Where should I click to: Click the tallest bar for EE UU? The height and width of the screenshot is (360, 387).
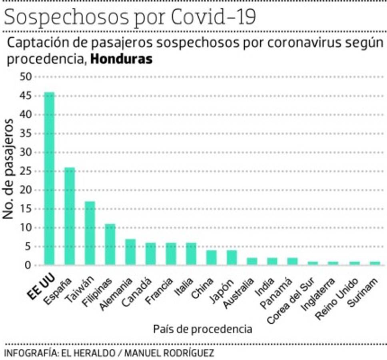pyautogui.click(x=49, y=178)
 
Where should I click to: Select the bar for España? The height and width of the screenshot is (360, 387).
pyautogui.click(x=70, y=216)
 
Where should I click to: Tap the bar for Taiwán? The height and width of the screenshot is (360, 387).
pyautogui.click(x=90, y=233)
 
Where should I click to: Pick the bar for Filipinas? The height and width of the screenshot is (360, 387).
pyautogui.click(x=110, y=244)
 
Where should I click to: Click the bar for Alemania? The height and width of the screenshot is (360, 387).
pyautogui.click(x=130, y=252)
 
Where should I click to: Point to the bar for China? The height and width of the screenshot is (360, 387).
pyautogui.click(x=211, y=257)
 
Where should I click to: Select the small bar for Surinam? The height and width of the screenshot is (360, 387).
pyautogui.click(x=375, y=263)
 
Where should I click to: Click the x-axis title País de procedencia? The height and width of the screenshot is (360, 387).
pyautogui.click(x=202, y=329)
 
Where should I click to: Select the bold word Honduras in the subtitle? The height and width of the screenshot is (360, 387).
pyautogui.click(x=122, y=59)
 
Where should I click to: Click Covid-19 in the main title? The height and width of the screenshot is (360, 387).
pyautogui.click(x=213, y=18)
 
